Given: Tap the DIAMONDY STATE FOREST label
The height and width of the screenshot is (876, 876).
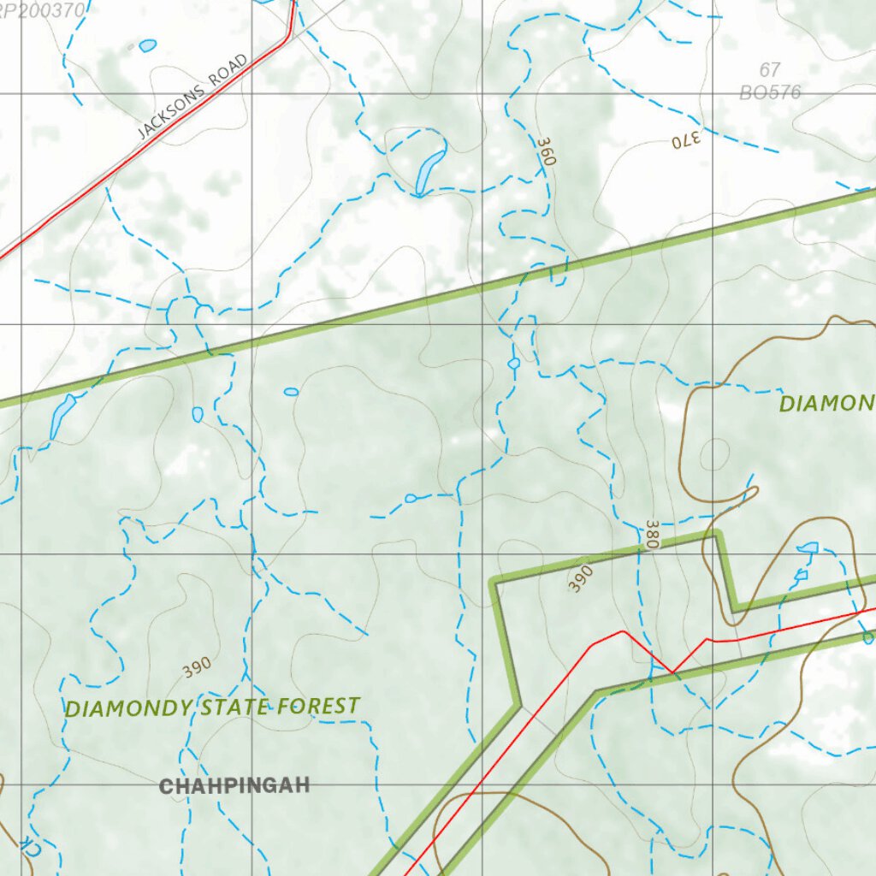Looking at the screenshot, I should tap(212, 707).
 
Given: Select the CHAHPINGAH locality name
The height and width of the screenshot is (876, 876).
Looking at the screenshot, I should tap(234, 785).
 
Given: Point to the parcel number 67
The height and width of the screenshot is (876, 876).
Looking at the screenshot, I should tap(770, 70).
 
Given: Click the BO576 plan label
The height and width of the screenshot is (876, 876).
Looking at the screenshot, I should tap(770, 92).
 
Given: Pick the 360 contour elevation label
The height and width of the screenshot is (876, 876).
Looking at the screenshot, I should tap(547, 151).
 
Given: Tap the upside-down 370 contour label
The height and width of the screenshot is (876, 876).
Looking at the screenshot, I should tap(686, 141).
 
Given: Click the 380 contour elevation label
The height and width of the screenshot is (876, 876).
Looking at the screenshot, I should tap(653, 534).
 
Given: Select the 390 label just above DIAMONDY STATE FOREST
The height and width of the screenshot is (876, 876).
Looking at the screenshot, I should tap(197, 667).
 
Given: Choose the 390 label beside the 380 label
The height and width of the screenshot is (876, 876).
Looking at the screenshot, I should tap(581, 578).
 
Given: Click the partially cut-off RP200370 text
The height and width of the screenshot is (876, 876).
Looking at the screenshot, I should tap(43, 10).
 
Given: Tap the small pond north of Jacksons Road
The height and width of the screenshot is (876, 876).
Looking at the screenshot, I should tap(147, 45).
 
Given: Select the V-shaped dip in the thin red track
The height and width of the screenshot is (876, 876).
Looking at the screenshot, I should tap(672, 672).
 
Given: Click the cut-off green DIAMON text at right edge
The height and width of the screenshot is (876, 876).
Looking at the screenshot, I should tap(826, 403).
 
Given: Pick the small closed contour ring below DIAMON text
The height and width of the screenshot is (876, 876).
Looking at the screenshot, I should tap(714, 453).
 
